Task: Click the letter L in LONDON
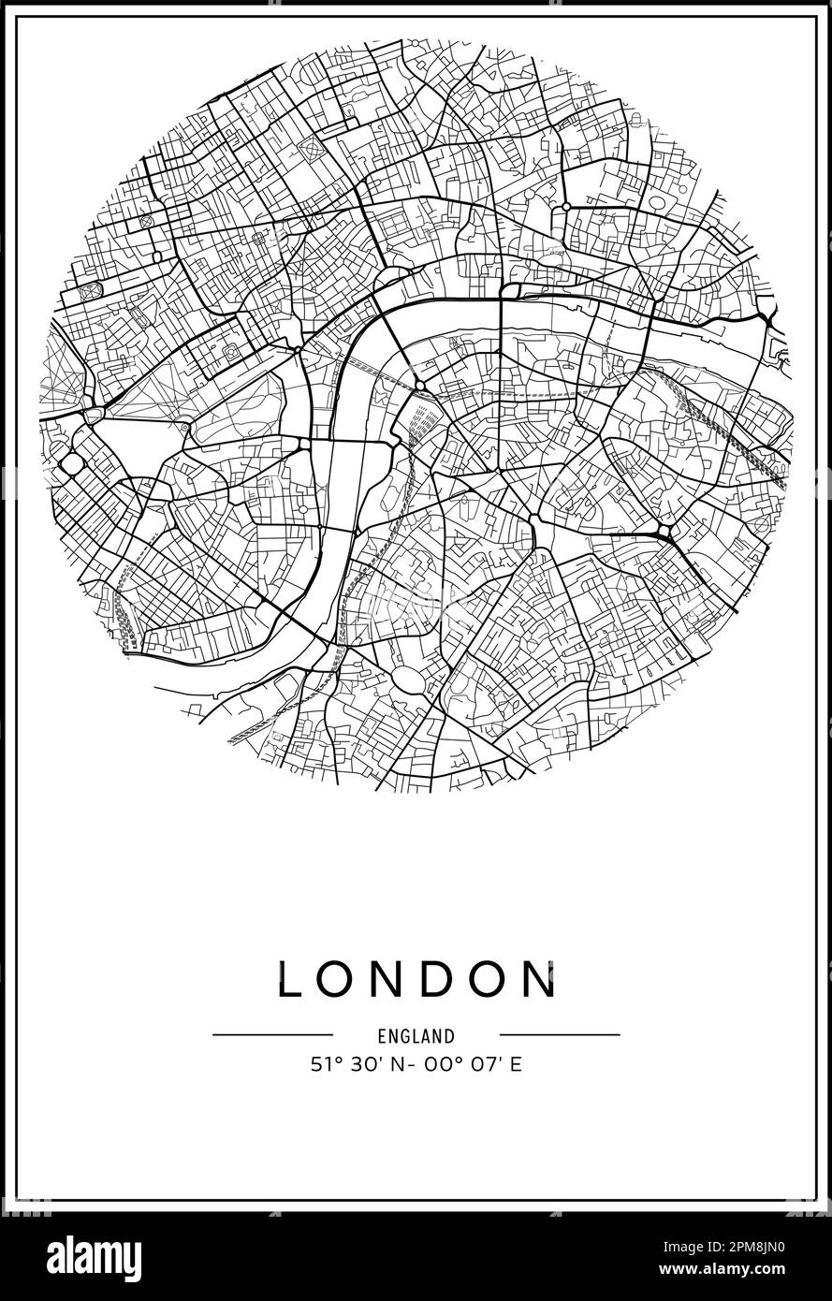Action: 292,979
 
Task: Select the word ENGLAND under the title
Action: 416,1036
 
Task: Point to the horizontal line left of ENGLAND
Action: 272,1035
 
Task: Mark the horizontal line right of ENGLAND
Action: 560,1035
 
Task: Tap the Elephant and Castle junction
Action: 533,518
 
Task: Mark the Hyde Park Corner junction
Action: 94,414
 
